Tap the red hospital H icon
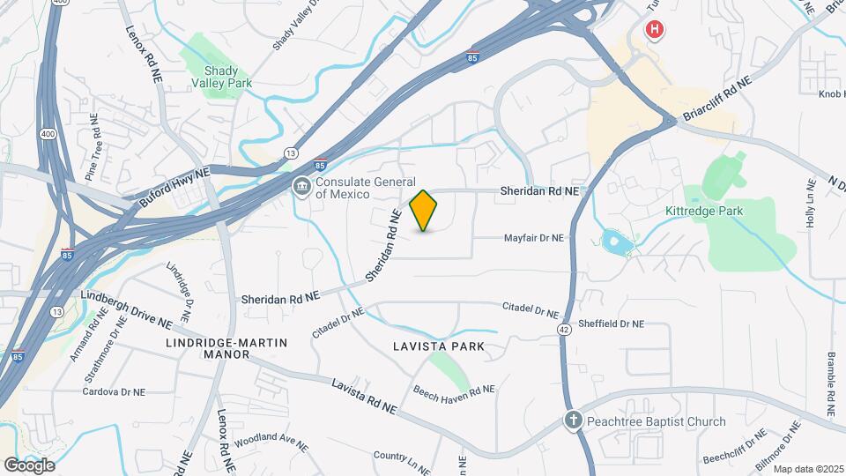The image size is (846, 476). (654, 31)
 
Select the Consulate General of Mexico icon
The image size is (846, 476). (301, 187)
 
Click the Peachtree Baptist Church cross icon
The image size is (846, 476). (573, 421)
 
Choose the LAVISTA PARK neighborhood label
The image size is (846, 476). (439, 346)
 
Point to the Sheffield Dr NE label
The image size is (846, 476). (611, 324)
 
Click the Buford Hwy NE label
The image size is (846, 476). (174, 189)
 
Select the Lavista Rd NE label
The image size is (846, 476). (364, 397)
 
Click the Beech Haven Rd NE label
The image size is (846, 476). (454, 390)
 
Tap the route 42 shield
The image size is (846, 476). (564, 329)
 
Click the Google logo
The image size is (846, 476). (29, 465)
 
